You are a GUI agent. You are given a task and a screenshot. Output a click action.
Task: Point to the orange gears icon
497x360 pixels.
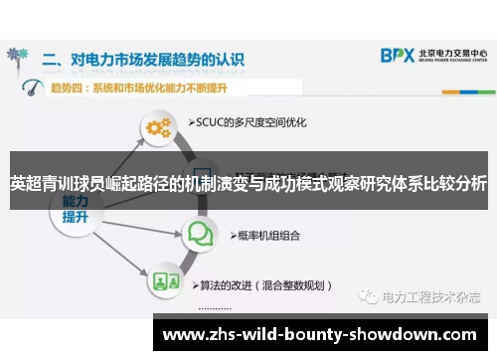point(159,127)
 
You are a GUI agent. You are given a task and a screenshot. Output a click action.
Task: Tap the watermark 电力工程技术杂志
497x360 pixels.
point(430,296)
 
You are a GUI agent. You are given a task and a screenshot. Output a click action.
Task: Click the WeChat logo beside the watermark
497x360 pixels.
point(370,296)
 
